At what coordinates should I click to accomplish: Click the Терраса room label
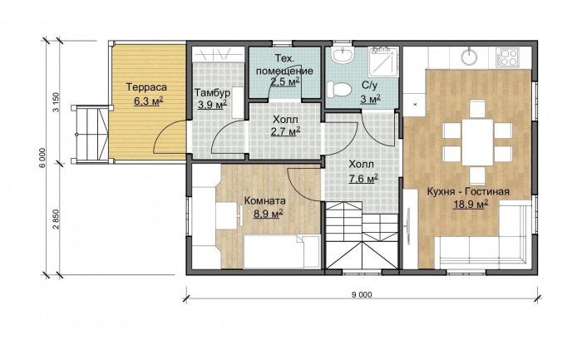[x=146, y=87]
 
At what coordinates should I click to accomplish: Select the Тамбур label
[x=213, y=92]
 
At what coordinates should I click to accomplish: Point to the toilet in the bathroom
[x=338, y=90]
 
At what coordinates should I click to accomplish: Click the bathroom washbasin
[x=343, y=55]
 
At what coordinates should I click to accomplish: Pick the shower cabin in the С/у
[x=383, y=62]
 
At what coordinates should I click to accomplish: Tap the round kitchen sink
[x=471, y=56]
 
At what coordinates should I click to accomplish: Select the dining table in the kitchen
[x=477, y=142]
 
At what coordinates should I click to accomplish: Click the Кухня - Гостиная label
[x=468, y=192]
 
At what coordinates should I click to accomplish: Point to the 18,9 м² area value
[x=471, y=205]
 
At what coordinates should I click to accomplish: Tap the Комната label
[x=265, y=200]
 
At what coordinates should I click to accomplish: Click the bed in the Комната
[x=282, y=251]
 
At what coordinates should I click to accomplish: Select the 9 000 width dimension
[x=362, y=295]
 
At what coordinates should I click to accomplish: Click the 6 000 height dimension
[x=43, y=159]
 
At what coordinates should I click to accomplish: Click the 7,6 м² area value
[x=363, y=179]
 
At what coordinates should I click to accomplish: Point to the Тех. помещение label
[x=284, y=64]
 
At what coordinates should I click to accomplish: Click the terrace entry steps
[x=90, y=134]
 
